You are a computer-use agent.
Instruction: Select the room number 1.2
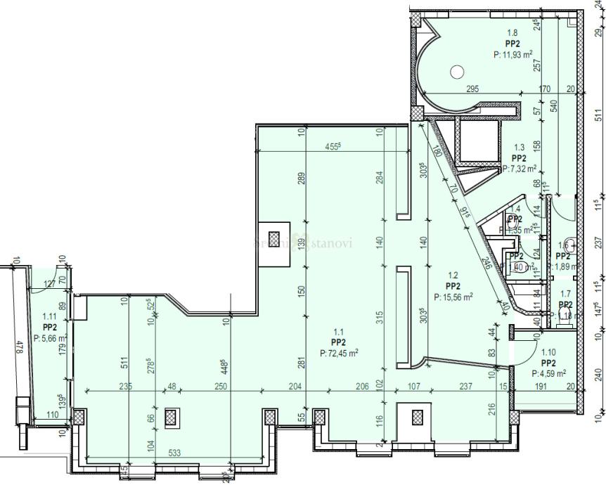click(x=453, y=276)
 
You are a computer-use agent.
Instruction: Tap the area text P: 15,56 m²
click(x=453, y=297)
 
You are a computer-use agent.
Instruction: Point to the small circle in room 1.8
click(x=457, y=71)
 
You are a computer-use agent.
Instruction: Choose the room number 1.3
click(x=520, y=148)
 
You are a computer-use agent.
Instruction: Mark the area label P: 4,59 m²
click(x=550, y=374)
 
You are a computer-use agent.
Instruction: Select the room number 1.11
click(x=49, y=317)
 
